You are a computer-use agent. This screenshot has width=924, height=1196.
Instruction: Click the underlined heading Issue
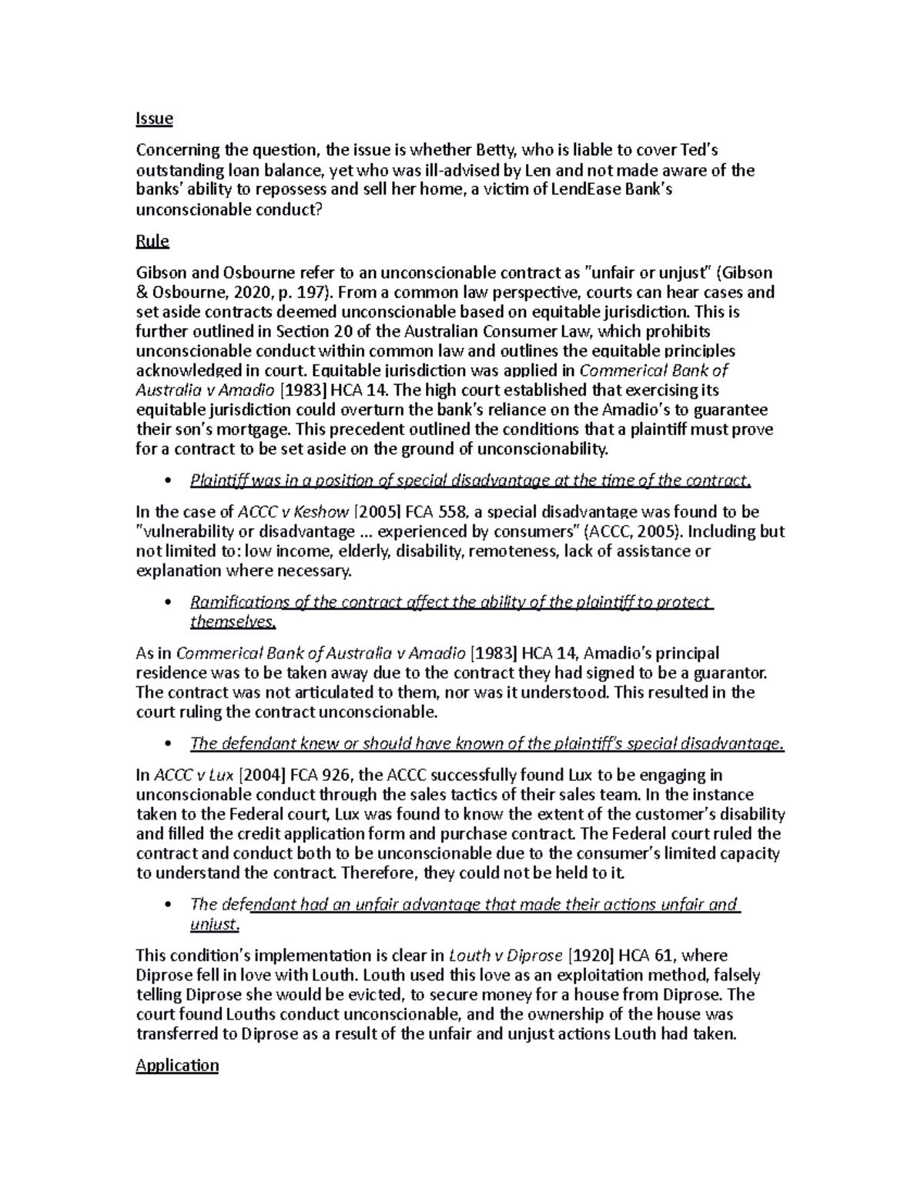154,119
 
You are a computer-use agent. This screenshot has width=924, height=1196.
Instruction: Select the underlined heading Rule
152,241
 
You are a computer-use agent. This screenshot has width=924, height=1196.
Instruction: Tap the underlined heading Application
177,1065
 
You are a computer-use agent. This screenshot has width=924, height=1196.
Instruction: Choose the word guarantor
731,672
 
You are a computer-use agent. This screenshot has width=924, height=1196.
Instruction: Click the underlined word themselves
232,621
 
